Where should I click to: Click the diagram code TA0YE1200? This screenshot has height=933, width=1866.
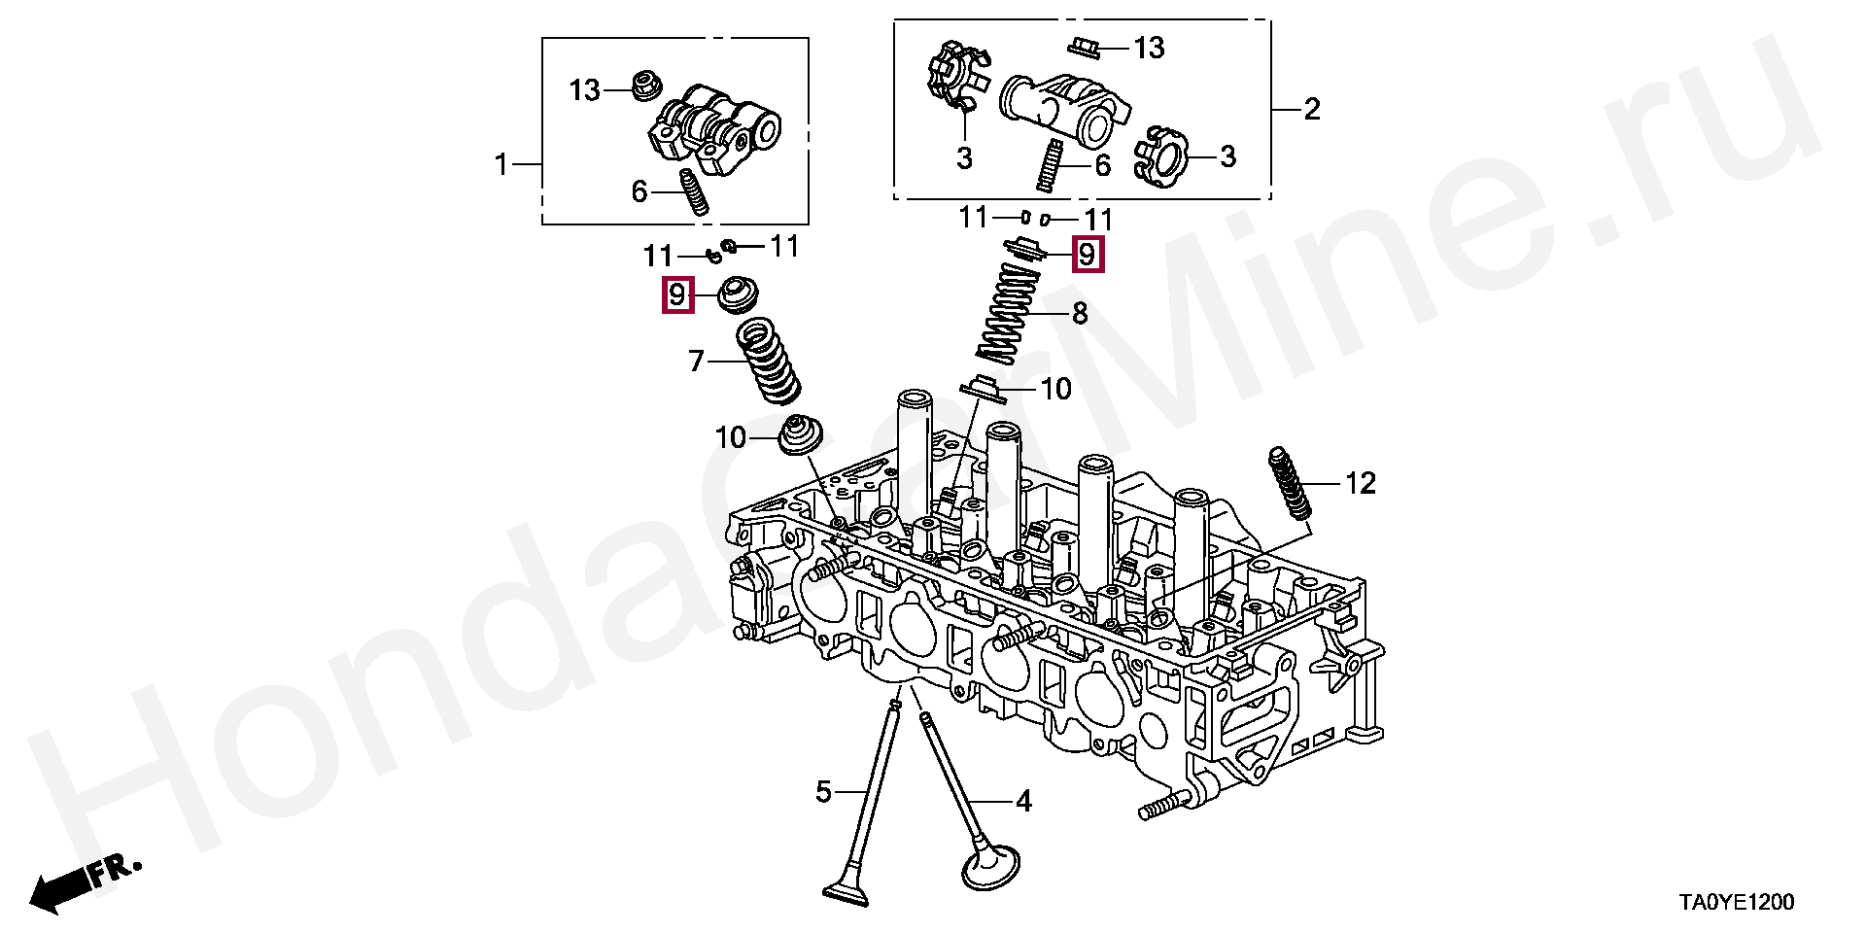coord(1737,903)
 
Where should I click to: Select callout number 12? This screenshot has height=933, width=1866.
coord(1360,483)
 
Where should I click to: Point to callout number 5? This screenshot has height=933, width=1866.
coord(823,792)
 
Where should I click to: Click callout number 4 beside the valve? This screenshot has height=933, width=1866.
coord(1023,801)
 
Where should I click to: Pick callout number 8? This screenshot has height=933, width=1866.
coord(1080,314)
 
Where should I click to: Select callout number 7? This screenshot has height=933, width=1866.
coord(696,362)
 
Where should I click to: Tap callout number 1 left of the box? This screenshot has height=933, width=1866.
coord(501,164)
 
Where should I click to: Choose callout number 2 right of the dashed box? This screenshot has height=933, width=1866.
coord(1312,109)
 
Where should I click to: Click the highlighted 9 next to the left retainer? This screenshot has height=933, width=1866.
coord(677,294)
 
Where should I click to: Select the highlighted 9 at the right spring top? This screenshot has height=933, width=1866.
coord(1088,255)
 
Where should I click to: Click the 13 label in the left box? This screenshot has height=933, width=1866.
coord(584,90)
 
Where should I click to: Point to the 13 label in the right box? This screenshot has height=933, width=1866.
coord(1149,48)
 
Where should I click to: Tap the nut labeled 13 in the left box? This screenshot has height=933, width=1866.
coord(644,86)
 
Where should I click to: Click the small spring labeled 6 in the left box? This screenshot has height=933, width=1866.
coord(693,193)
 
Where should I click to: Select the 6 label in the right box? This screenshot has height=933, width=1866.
coord(1102,165)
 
